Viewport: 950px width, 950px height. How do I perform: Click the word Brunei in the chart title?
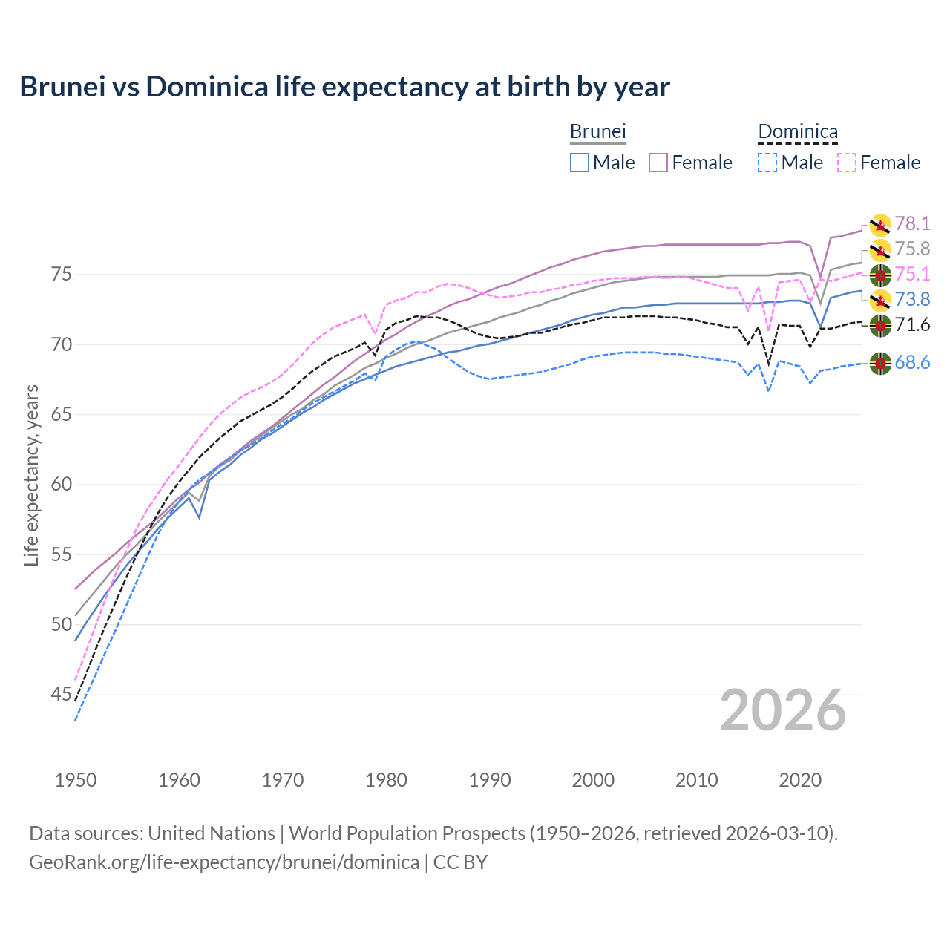click(63, 87)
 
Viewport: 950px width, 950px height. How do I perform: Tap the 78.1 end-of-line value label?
click(912, 223)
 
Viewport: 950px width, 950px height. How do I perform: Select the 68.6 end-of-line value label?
click(912, 363)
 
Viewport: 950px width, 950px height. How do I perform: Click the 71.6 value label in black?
click(912, 324)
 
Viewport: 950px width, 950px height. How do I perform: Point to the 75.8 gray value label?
click(912, 249)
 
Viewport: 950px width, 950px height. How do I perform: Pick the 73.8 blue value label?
click(912, 299)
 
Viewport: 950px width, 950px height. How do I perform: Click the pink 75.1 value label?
click(912, 275)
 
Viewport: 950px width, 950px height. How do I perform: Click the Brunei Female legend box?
click(659, 163)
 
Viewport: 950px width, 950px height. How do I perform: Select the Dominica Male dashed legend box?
click(767, 163)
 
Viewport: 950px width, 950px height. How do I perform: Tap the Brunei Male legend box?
click(580, 163)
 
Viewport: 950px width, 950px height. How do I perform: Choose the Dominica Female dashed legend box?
click(847, 163)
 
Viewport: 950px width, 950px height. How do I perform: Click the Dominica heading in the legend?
click(798, 132)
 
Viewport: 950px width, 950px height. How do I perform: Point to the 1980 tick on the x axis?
click(386, 780)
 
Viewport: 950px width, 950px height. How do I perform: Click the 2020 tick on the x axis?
click(800, 780)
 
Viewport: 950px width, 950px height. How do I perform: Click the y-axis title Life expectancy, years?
click(31, 475)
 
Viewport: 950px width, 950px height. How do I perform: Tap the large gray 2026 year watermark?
click(783, 710)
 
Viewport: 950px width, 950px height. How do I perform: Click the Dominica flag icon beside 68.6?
click(880, 364)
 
